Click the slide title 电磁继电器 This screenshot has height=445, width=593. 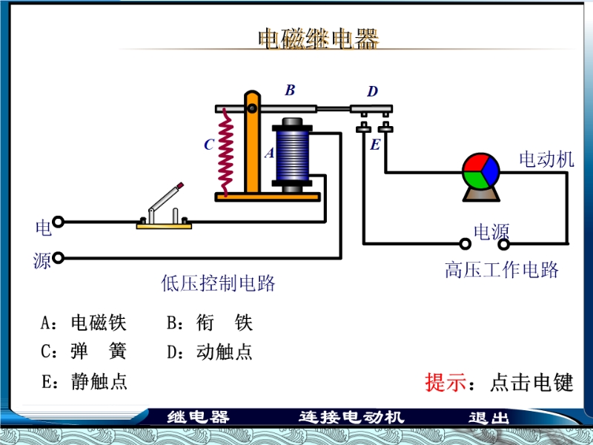(x=318, y=39)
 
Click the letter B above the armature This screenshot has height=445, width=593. (x=290, y=90)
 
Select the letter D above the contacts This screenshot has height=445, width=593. (x=372, y=92)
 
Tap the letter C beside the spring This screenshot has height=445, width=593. (x=209, y=145)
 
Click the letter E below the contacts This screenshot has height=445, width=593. (x=375, y=145)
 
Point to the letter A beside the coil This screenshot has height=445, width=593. (x=269, y=154)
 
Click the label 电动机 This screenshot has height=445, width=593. (x=546, y=159)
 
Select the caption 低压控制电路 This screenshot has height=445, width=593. (x=218, y=283)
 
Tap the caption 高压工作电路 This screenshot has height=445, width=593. (x=502, y=269)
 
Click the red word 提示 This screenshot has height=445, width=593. (x=445, y=383)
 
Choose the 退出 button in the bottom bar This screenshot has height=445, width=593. (x=489, y=418)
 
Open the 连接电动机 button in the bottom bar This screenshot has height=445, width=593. (x=352, y=418)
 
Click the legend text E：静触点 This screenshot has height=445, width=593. (x=84, y=381)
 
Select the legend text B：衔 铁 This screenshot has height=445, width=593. (x=210, y=323)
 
